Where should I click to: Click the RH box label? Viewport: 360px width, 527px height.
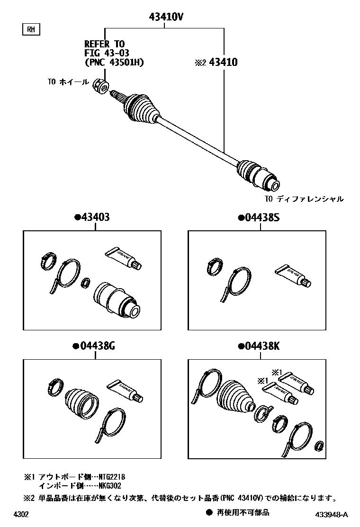31,30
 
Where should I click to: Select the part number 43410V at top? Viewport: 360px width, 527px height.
163,18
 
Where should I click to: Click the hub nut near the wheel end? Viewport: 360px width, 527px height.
101,86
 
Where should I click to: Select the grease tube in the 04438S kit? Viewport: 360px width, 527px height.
292,276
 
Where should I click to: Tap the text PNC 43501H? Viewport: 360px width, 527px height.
114,62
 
